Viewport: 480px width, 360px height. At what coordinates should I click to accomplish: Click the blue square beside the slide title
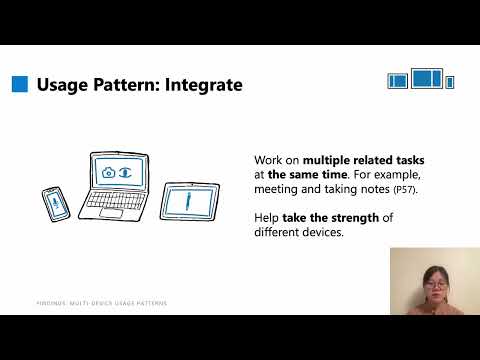tap(19, 85)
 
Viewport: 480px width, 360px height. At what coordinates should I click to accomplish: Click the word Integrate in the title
tap(205, 85)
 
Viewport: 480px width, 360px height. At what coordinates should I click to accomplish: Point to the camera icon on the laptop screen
tap(108, 172)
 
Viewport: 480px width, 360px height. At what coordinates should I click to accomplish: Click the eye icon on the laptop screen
tap(125, 172)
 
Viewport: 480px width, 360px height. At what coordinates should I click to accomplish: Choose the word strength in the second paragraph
tap(355, 219)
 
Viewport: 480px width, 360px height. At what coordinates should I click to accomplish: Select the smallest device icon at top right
tap(450, 81)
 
